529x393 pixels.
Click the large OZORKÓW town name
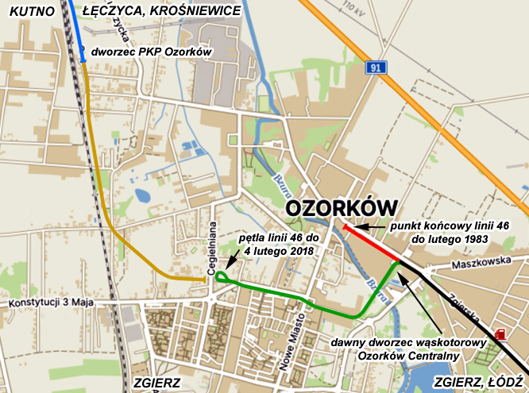tap(341, 208)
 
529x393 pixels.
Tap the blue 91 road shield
tap(376, 69)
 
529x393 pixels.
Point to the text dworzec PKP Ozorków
tap(149, 52)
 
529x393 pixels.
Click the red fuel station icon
tap(500, 335)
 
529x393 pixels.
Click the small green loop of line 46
tap(222, 277)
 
